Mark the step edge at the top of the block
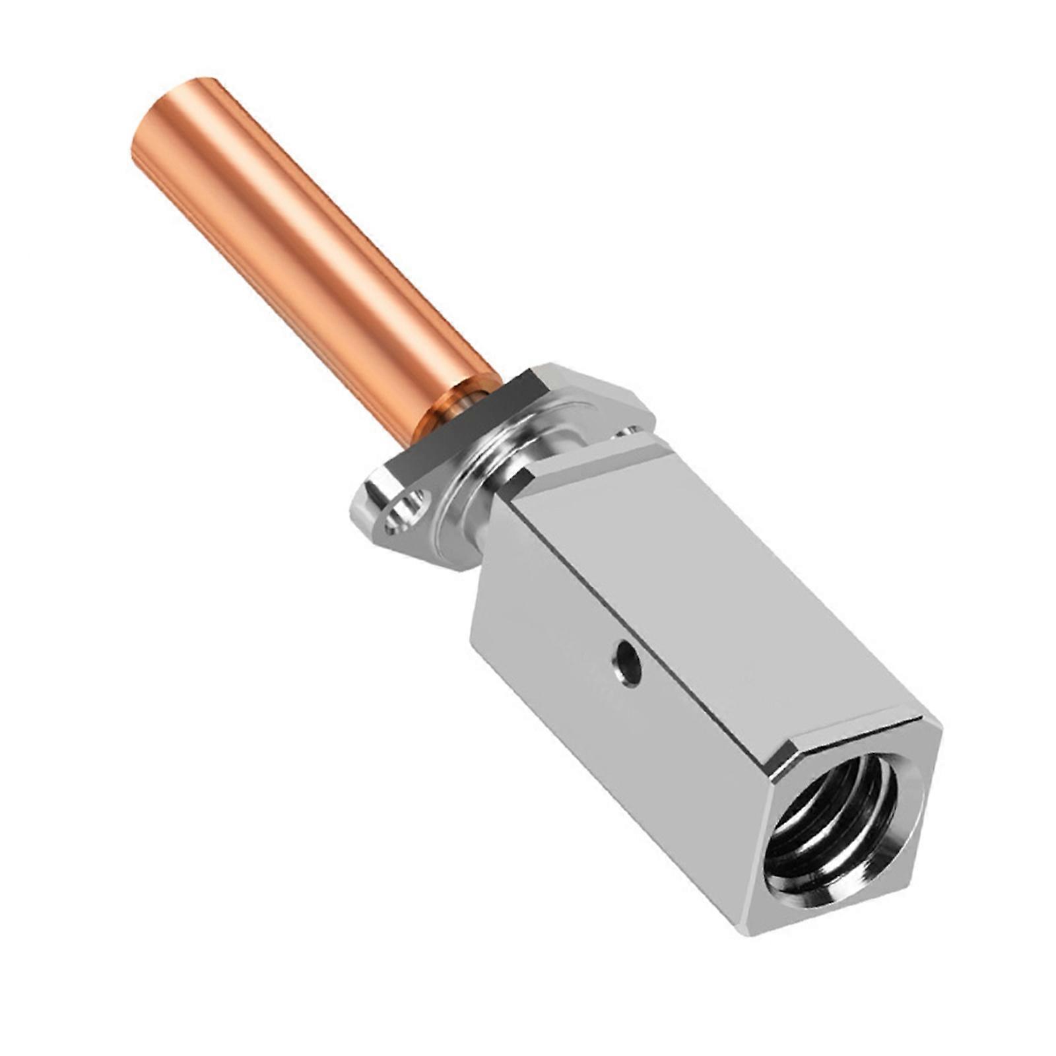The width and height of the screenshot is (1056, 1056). [x=594, y=455]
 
